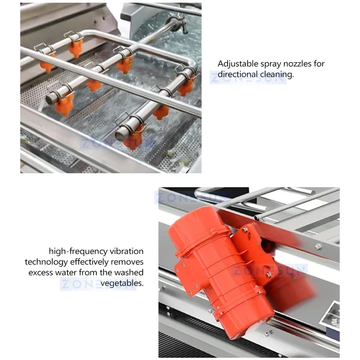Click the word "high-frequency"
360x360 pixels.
(x=78, y=252)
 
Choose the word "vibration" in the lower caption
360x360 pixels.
(x=126, y=251)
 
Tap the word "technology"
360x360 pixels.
(x=46, y=262)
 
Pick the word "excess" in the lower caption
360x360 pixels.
(x=41, y=273)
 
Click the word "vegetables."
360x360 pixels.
(x=122, y=283)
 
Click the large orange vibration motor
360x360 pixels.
(x=220, y=269)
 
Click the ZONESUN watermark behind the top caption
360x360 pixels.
(x=248, y=77)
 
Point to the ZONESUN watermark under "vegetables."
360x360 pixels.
(x=98, y=284)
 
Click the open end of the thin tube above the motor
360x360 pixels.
(x=256, y=217)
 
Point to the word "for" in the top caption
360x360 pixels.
(x=319, y=63)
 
